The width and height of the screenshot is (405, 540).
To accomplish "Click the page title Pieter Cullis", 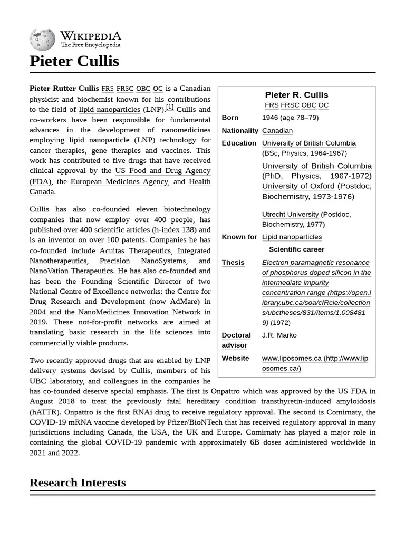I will [74, 62].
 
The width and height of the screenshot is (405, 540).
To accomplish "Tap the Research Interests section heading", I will [78, 483].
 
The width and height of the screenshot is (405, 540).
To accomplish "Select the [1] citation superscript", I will [170, 107].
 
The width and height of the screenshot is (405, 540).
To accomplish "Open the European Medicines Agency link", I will [120, 181].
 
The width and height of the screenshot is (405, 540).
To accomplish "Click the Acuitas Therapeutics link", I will [135, 250].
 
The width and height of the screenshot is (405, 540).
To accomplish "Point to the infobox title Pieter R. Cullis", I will [296, 95].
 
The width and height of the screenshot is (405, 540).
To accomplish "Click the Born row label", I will [230, 118].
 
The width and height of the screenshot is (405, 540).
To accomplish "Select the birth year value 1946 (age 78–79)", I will [290, 118].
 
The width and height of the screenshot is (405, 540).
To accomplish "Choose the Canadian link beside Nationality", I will [277, 130].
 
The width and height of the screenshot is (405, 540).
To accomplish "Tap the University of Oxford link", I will [298, 186].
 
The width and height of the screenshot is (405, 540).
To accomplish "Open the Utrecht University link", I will [290, 214].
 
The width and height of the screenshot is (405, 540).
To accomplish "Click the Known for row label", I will [239, 237].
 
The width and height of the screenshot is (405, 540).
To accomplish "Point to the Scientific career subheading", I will [296, 249].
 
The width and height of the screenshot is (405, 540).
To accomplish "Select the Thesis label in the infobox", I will [233, 262].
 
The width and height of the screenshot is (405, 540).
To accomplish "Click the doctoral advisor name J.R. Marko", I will [279, 335].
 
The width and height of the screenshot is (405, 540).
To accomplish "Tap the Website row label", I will [235, 358].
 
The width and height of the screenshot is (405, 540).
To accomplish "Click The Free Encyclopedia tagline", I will [90, 45].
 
